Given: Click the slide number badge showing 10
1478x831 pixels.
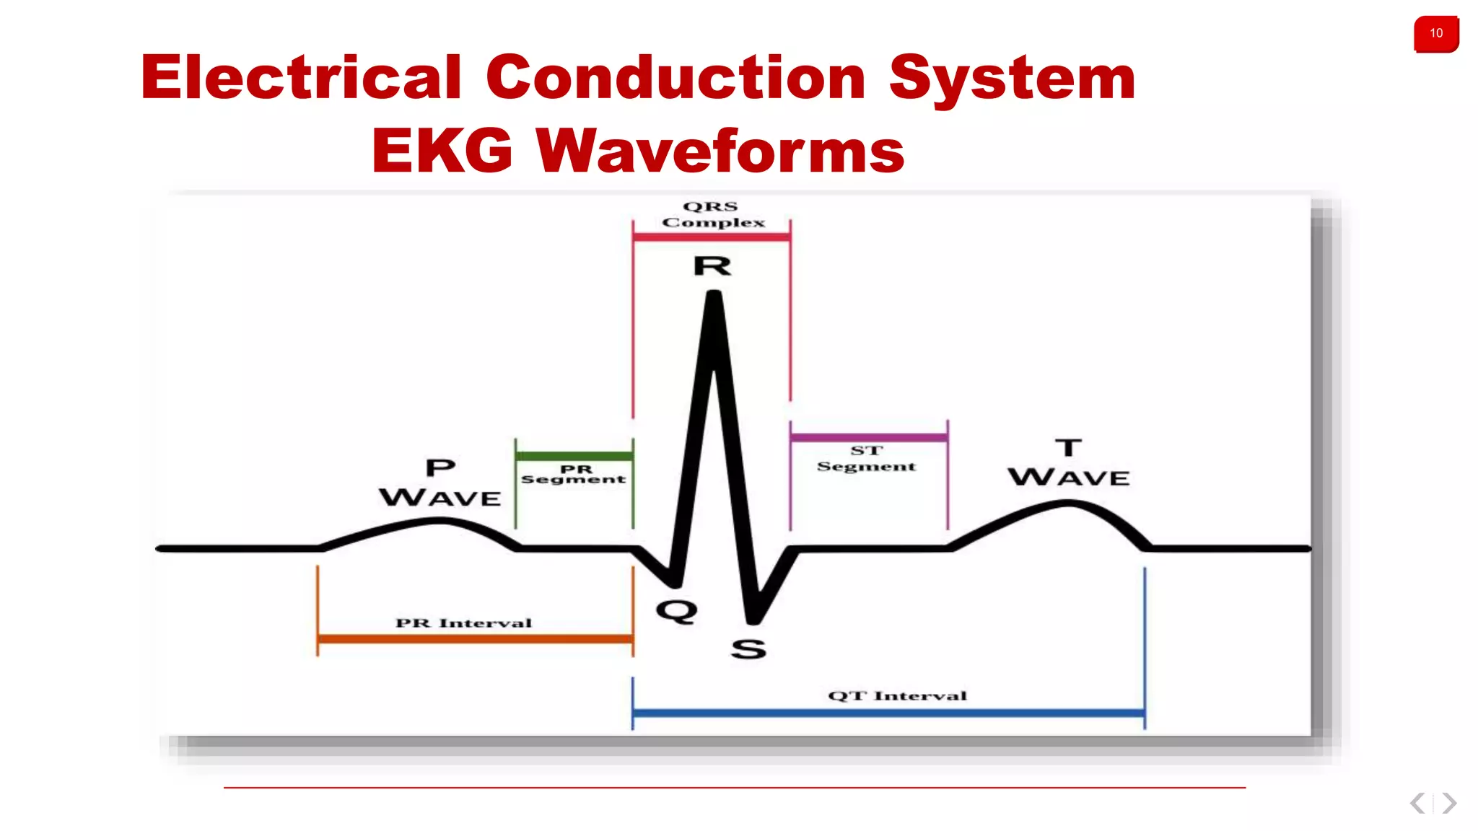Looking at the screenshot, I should pos(1435,34).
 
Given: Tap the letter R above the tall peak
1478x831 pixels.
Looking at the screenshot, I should pos(712,266).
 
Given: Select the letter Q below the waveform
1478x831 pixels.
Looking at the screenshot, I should pos(676,612).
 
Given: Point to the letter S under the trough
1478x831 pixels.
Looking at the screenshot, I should pos(748,649).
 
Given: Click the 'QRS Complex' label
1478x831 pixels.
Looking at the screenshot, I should pos(712,214).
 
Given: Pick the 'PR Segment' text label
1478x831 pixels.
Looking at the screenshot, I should pos(574,474).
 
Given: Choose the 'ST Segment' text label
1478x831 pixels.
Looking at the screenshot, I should pos(866,459).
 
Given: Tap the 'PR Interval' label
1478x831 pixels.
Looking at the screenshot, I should pos(463,623).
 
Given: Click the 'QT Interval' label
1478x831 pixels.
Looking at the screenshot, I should pos(897,695).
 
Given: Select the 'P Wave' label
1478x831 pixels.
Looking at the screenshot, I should pos(440,483).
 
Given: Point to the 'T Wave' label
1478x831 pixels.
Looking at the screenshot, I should pos(1069,463).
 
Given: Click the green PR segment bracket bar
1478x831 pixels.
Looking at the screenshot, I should pos(574,456).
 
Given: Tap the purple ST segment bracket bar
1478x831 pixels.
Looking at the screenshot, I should pos(868,437).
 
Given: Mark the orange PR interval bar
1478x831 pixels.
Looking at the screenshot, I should pos(475,638).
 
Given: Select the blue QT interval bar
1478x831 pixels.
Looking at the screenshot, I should pos(888,713).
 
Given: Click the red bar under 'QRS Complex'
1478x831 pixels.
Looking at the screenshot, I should pos(711,237).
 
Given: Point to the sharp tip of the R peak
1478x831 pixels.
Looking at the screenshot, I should pos(714,294).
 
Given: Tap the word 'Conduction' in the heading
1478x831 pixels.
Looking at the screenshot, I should pos(675,78).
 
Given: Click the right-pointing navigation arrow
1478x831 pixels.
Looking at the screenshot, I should pos(1449,803).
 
